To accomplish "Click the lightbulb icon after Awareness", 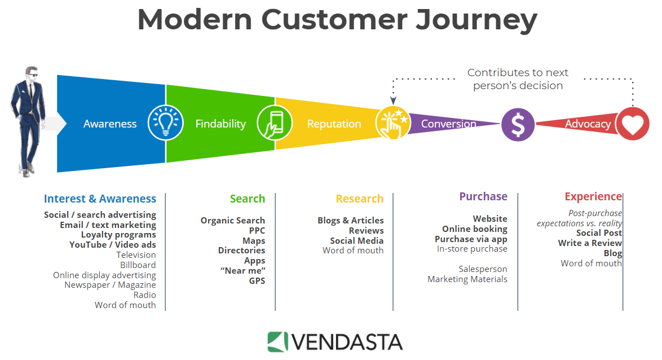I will (x=166, y=124).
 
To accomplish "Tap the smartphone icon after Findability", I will (x=275, y=124).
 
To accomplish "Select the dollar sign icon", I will (x=518, y=124).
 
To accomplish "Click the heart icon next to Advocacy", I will (x=632, y=124).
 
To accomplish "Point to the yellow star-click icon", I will (x=392, y=123).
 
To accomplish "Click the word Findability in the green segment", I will (x=220, y=124).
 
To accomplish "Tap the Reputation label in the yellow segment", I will (x=334, y=124).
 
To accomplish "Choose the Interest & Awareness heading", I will (x=100, y=199).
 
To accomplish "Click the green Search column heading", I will (x=247, y=199).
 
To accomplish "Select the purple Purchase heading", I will (x=483, y=196).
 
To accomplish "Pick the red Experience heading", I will (x=593, y=196).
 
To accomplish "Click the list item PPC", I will (x=257, y=230).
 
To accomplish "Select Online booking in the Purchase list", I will (x=474, y=229).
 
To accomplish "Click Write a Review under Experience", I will (x=590, y=243).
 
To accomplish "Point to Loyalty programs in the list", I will (x=118, y=235).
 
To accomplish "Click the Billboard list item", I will (x=138, y=265).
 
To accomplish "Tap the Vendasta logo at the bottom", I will (x=335, y=342).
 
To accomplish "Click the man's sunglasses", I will (x=33, y=75).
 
